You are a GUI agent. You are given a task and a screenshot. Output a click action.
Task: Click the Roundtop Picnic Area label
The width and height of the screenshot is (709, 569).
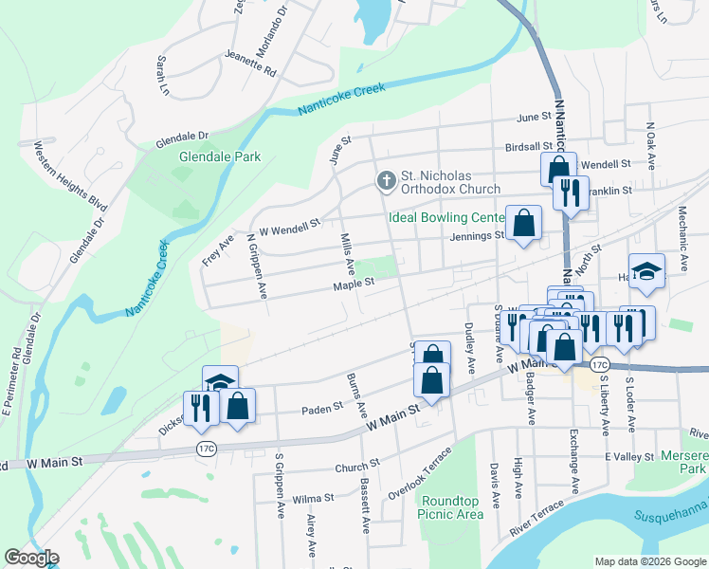point(451,507)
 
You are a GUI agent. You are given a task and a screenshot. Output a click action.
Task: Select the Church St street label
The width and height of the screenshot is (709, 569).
point(356,465)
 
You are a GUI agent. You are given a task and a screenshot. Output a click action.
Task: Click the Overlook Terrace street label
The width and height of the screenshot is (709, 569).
point(413,480)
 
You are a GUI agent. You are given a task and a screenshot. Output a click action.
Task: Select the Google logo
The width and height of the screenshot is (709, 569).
point(31,558)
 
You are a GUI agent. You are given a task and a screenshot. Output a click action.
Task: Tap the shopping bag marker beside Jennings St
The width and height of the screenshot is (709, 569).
point(523,225)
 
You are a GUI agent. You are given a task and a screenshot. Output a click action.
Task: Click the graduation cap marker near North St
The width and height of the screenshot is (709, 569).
point(646,271)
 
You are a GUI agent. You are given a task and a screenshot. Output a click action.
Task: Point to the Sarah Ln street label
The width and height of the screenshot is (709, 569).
point(162,76)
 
